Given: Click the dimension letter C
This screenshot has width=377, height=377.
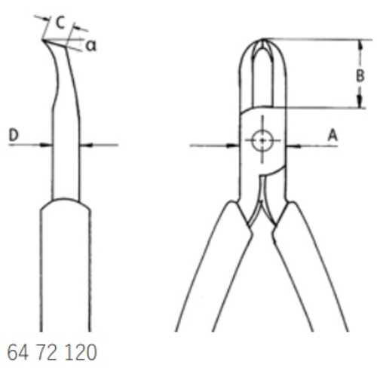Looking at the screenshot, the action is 60,22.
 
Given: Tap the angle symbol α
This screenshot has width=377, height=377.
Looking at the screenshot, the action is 90,46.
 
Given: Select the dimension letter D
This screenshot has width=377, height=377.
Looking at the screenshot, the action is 14,135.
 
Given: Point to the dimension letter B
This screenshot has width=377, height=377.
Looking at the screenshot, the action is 360,75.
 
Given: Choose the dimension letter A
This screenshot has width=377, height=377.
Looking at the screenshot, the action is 333,135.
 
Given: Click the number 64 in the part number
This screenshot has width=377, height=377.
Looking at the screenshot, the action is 17,352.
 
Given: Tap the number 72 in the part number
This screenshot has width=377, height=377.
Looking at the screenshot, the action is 47,352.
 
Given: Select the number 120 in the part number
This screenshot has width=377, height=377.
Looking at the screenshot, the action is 81,352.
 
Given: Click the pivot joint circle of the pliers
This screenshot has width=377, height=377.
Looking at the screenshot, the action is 262,140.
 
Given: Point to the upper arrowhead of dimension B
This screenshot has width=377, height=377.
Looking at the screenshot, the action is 360,44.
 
